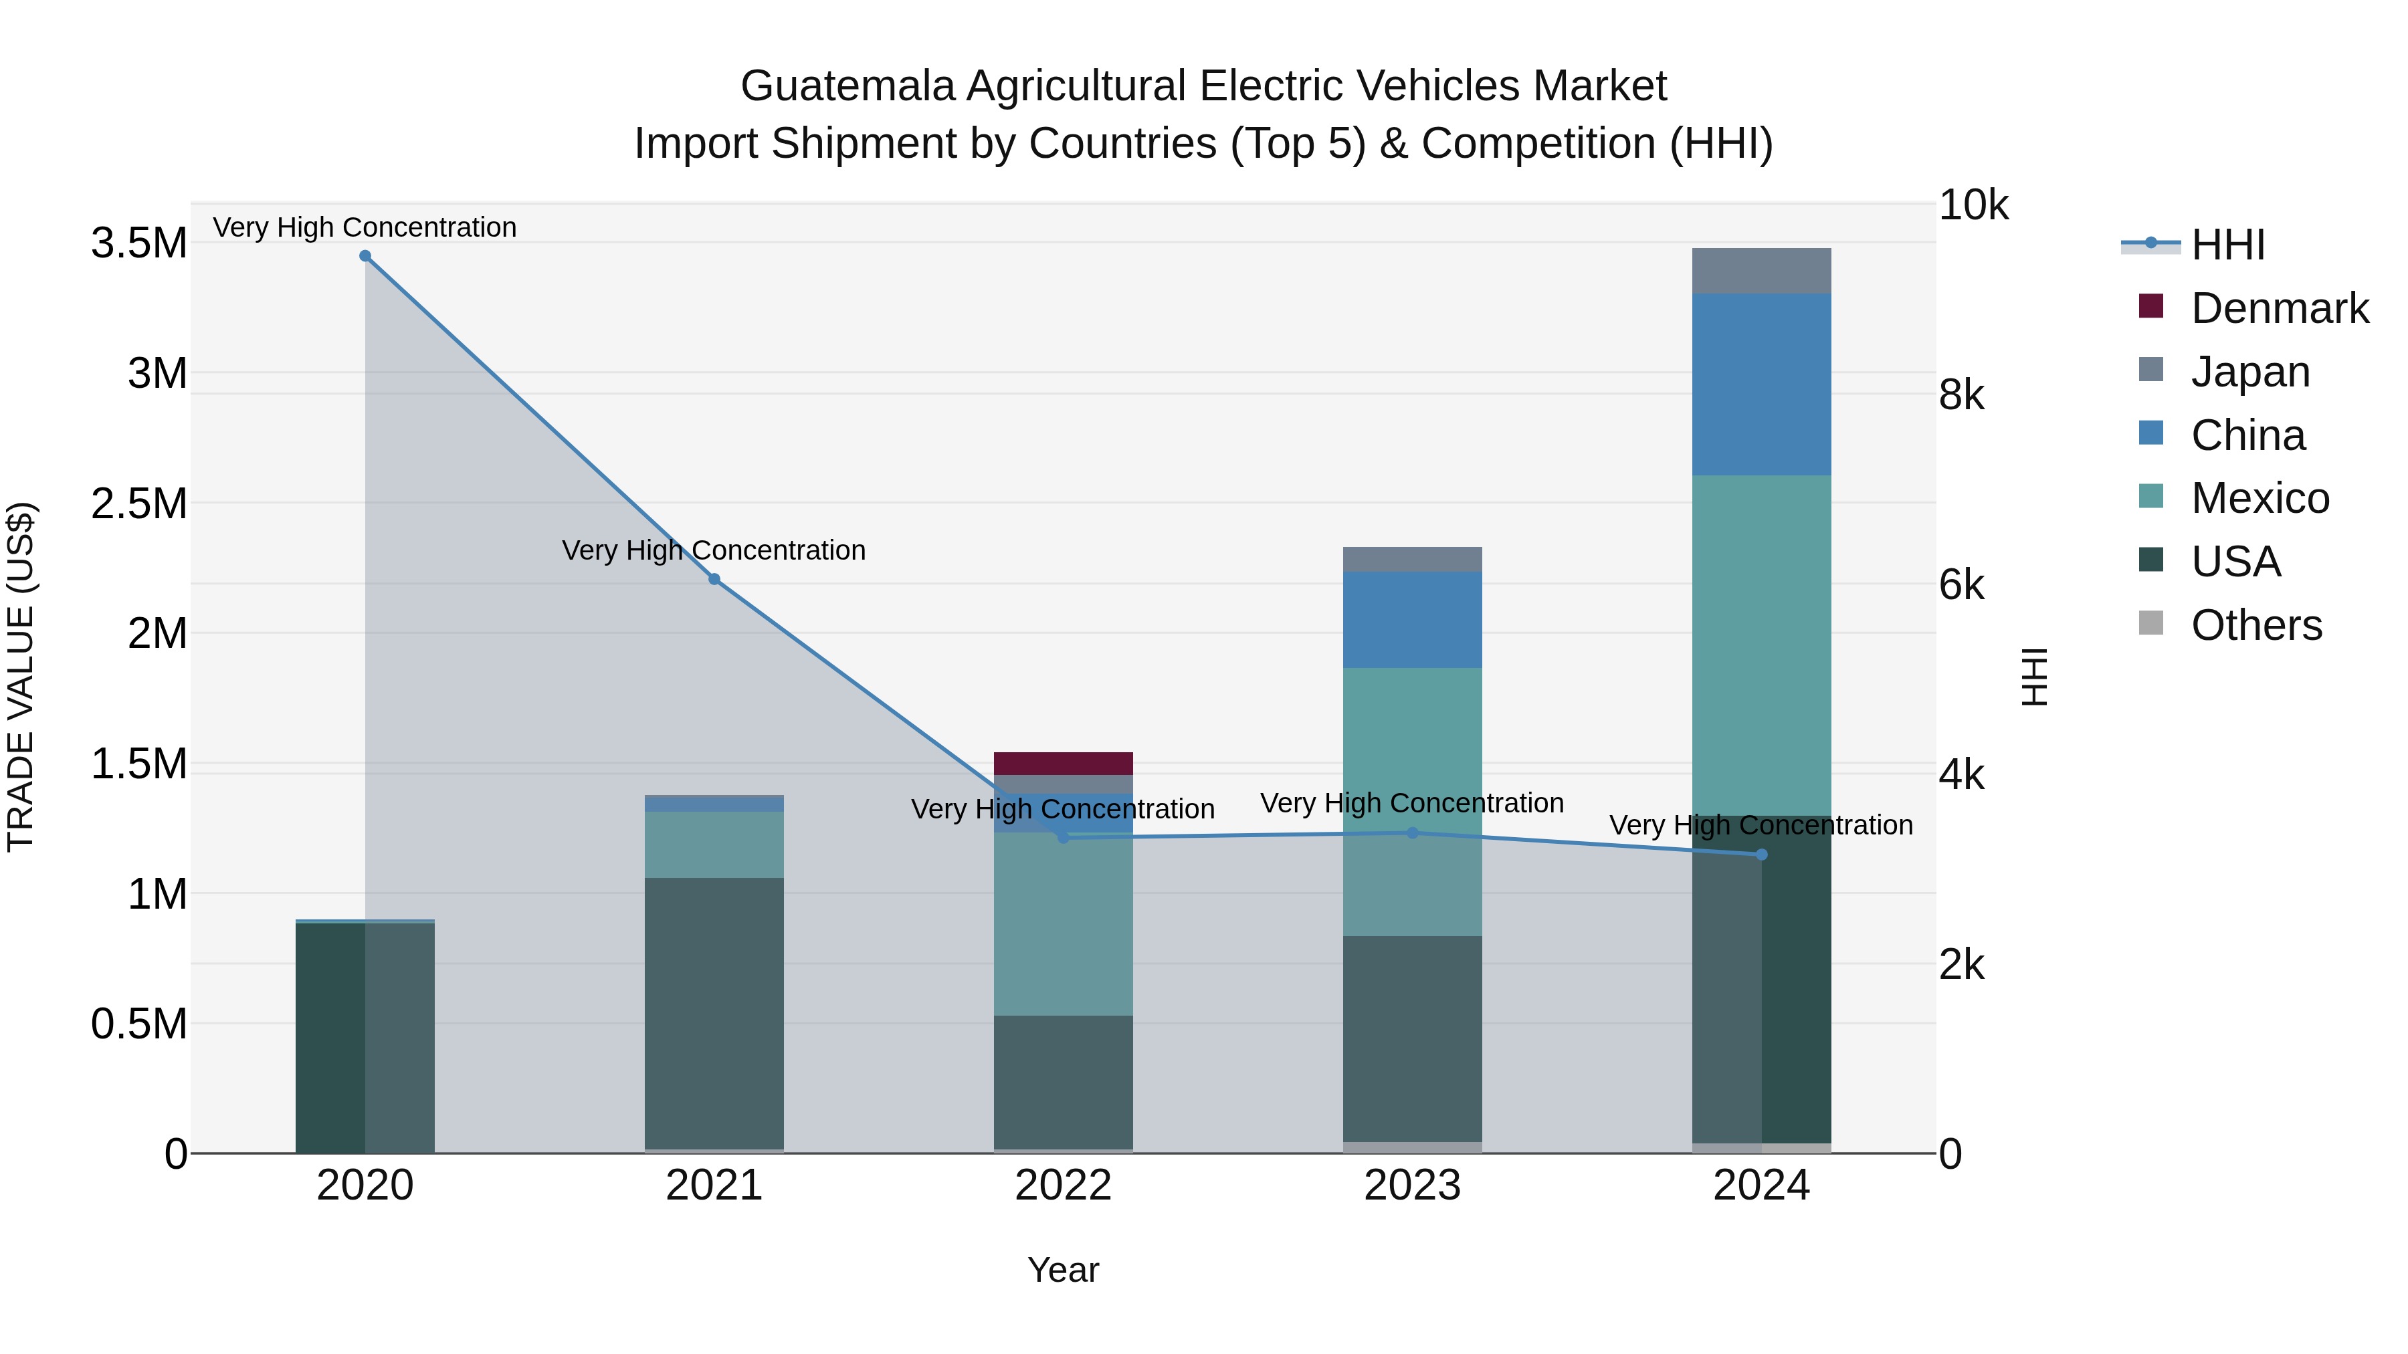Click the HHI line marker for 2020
click(x=365, y=256)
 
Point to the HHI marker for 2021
click(x=714, y=579)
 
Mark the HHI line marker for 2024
click(x=1761, y=854)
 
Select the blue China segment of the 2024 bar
click(x=1761, y=384)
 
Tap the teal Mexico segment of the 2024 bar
click(x=1761, y=645)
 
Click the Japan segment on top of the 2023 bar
click(x=1413, y=559)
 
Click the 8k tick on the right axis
click(x=1961, y=395)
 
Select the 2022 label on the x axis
click(x=1063, y=1186)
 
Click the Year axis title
click(x=1063, y=1270)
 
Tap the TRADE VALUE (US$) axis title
click(x=21, y=677)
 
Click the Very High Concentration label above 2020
click(x=365, y=227)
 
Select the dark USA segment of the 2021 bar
click(x=714, y=1013)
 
